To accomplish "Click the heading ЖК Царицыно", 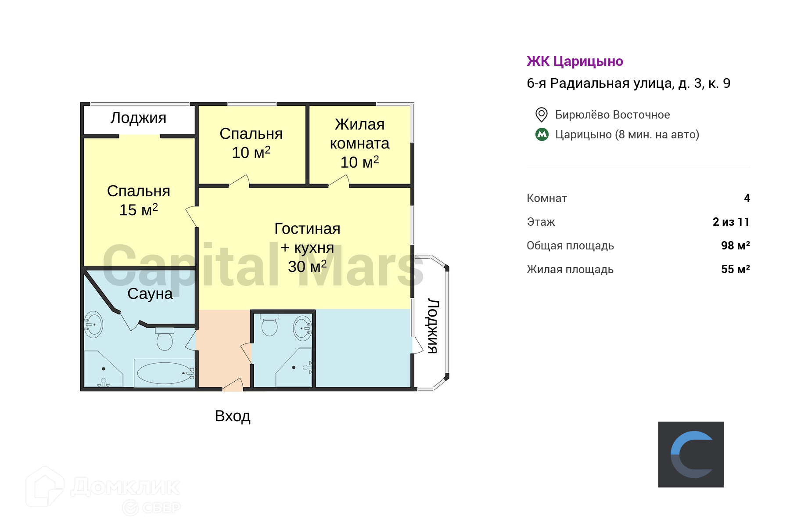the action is [575, 61].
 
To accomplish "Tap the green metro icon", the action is [542, 134].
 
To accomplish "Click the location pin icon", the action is [542, 115].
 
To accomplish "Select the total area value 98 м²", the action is [735, 245].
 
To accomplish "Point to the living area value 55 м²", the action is [735, 269].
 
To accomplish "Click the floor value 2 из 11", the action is [731, 222].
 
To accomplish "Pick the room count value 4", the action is [747, 198].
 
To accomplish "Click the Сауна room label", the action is [150, 293].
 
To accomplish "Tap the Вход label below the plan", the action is [233, 416].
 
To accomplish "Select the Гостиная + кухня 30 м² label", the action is [307, 247].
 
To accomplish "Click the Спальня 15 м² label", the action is [139, 200].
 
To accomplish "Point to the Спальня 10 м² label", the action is [251, 143].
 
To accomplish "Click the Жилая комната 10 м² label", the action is [359, 143].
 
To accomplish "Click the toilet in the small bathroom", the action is [269, 326].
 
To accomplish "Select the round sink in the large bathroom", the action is [93, 325].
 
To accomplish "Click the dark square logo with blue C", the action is [691, 455].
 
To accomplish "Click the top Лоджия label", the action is [138, 118].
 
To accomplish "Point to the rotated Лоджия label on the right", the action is [433, 326].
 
